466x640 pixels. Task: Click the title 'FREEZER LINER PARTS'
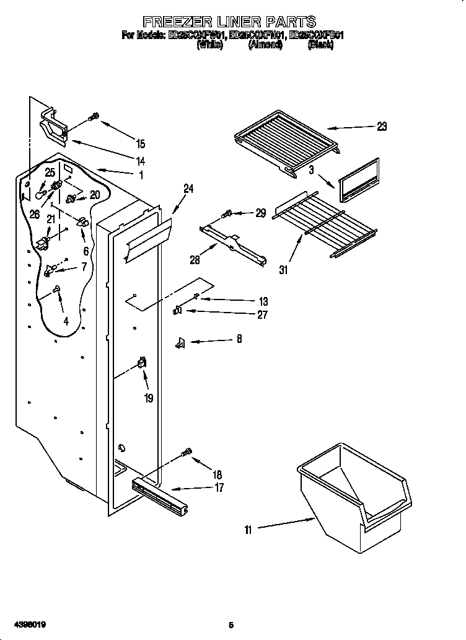[x=229, y=23]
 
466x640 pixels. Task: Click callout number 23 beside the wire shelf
[x=381, y=127]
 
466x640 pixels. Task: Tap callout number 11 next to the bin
[x=248, y=529]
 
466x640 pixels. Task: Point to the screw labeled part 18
[x=187, y=454]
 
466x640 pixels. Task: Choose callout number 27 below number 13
[x=262, y=314]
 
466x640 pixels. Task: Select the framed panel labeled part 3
[x=359, y=180]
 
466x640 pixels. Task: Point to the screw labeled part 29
[x=227, y=215]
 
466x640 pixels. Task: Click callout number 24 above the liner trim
[x=188, y=189]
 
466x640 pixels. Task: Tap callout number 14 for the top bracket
[x=141, y=160]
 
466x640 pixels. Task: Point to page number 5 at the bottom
[x=231, y=624]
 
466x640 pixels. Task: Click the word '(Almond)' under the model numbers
[x=265, y=45]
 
